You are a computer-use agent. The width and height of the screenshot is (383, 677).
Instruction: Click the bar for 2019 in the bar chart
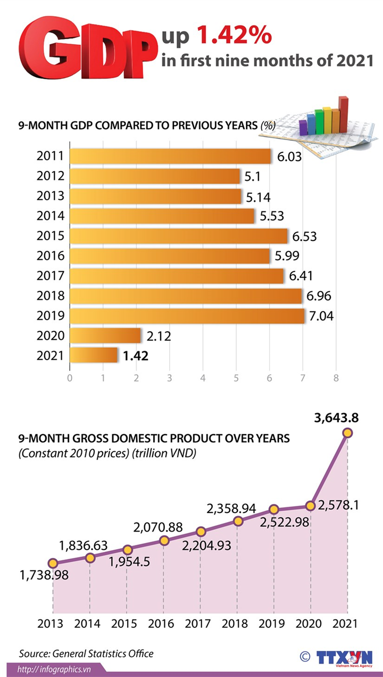pos(187,316)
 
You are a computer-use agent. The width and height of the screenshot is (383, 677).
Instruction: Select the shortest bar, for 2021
pos(94,355)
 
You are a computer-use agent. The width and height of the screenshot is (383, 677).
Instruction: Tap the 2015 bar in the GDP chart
pos(179,236)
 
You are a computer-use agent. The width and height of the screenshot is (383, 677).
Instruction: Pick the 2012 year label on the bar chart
pos(51,176)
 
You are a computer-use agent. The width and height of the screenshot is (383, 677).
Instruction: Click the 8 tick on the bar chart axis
pos(336,378)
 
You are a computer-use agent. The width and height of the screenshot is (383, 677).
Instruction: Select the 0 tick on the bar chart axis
pos(70,378)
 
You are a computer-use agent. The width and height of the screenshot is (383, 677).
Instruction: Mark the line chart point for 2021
pos(347,434)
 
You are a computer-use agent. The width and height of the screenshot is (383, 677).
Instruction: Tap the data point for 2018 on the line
pos(238,521)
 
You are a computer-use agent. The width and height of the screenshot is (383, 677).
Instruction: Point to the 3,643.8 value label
pos(336,418)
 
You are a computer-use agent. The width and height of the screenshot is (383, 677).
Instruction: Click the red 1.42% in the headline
pos(234,36)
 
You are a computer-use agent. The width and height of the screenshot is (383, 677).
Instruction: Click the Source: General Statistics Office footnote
pos(86,653)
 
